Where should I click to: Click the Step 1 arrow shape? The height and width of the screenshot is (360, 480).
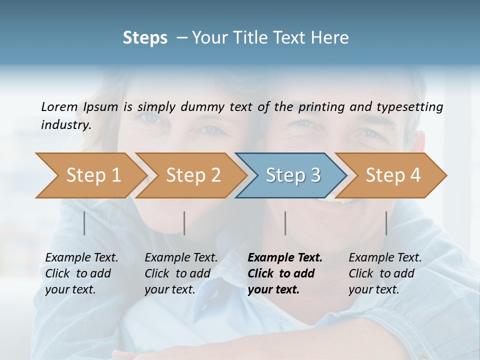click(90, 175)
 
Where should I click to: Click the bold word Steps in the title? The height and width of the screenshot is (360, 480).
click(145, 38)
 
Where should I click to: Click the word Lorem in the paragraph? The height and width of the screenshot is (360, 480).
click(59, 106)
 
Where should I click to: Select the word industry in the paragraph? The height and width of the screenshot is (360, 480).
click(65, 125)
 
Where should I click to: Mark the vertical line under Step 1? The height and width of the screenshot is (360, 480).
click(84, 223)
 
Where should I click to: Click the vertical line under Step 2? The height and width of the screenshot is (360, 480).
click(184, 223)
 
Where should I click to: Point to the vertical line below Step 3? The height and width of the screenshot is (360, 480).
click(285, 223)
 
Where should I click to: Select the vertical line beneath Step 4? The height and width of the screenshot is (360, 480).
click(386, 223)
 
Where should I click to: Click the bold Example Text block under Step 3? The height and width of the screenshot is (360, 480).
click(284, 273)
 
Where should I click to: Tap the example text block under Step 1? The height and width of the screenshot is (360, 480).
click(81, 273)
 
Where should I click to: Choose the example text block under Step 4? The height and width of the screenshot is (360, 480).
click(385, 273)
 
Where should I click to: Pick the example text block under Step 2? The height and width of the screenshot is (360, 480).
click(181, 273)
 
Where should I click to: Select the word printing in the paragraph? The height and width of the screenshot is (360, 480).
click(321, 106)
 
